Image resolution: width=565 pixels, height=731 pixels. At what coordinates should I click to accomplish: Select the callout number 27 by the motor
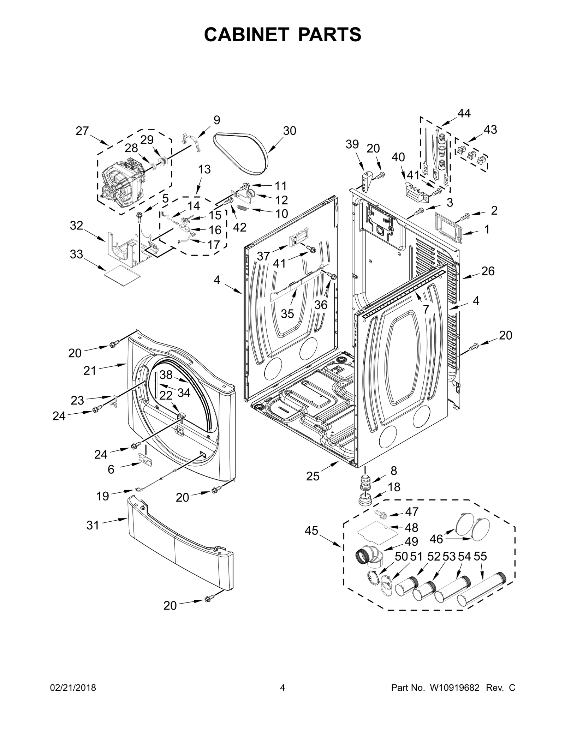pyautogui.click(x=82, y=131)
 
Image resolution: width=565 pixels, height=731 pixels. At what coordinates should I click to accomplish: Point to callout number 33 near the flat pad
pyautogui.click(x=76, y=254)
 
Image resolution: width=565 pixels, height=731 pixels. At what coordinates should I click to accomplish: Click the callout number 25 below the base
pyautogui.click(x=313, y=477)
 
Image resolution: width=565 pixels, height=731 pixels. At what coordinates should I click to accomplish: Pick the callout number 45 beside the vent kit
pyautogui.click(x=311, y=531)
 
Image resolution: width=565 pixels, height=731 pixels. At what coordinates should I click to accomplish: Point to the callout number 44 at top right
pyautogui.click(x=464, y=113)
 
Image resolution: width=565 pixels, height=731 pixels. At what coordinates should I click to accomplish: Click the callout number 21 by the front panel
pyautogui.click(x=90, y=371)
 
